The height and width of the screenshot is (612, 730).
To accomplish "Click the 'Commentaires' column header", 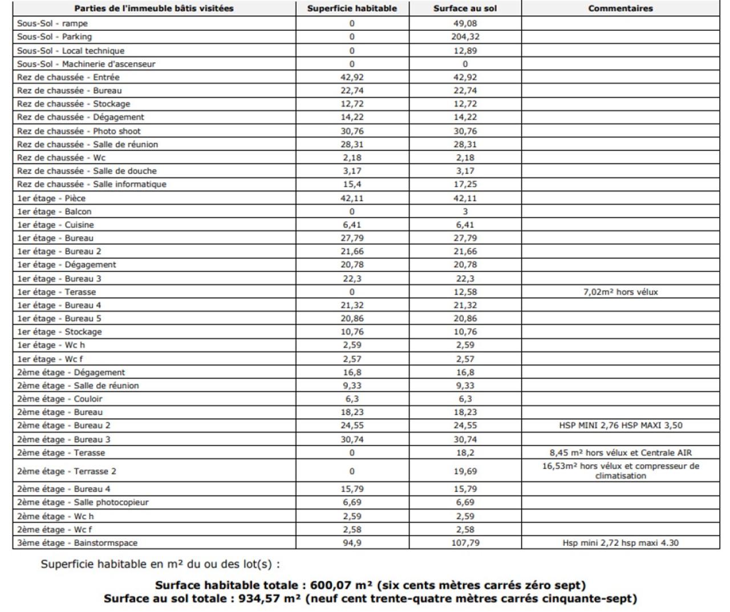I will coord(620,9).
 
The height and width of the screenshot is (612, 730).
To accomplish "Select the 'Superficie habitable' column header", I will coord(352,9).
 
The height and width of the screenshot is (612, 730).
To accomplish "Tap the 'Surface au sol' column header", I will coord(465,9).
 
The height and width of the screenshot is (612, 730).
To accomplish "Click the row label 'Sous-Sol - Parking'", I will coord(54,37).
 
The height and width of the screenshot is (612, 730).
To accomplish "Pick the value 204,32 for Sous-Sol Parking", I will coord(465,37).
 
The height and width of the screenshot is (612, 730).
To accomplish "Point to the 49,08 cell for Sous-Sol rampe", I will coord(465,23).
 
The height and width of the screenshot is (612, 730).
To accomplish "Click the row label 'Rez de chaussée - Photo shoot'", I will coord(79,131).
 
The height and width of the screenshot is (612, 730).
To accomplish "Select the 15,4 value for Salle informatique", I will coord(352,184).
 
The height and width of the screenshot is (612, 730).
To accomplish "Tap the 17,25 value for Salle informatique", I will coord(465,184).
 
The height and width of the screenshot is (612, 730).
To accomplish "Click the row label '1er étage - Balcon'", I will coord(54,211).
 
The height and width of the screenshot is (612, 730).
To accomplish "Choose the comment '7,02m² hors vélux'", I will coord(620,292).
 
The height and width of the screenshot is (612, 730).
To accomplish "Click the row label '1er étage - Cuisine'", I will coord(55,225).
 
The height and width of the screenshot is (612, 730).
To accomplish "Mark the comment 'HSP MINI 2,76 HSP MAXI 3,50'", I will coord(620,426).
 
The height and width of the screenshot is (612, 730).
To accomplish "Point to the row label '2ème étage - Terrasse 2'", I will coord(67,471).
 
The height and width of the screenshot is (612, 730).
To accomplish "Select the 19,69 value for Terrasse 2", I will coord(465,471).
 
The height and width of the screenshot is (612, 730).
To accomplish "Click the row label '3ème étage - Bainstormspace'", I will coord(77,543).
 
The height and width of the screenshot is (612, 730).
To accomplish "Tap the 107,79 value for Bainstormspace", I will coord(465,543).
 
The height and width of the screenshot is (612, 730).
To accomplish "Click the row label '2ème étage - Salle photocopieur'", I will coord(83,503).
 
